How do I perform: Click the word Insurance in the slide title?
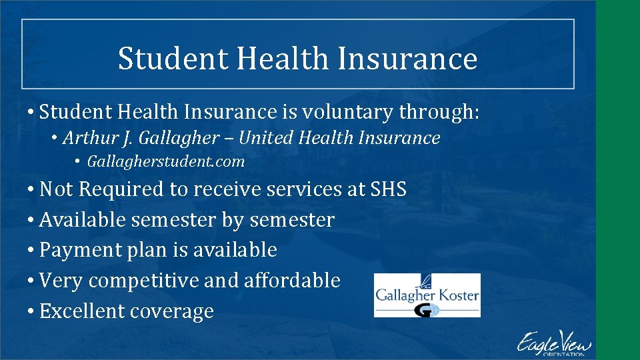tap(407, 58)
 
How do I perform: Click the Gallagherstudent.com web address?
tap(165, 161)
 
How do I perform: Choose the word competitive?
tap(143, 281)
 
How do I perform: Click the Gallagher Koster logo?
tap(427, 295)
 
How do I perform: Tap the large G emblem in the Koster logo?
tap(425, 309)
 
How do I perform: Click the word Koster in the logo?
tap(458, 294)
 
